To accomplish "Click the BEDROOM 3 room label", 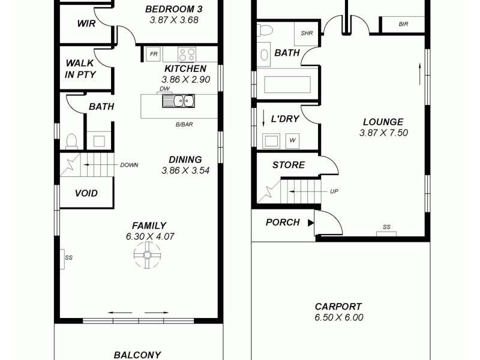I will pos(173,9).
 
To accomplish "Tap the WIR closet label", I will pos(86,23).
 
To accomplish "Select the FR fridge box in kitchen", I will pos(154,55).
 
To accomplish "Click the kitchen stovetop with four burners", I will pos(187,55).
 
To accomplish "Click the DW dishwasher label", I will pos(165,89).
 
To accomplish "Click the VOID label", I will pos(86,193).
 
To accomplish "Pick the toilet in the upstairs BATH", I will pos(71,142).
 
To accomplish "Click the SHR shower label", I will pos(307,34).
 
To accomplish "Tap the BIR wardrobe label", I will pos(404,24).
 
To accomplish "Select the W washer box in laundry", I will pos(292,141).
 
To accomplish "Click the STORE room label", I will pos(289,165).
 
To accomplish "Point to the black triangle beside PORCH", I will pos(311,223).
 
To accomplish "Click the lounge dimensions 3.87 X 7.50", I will pos(383,133).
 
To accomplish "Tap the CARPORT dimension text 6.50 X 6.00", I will pos(338,318).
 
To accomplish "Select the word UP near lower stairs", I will pos(334,191).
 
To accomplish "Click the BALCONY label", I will pos(137,355).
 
